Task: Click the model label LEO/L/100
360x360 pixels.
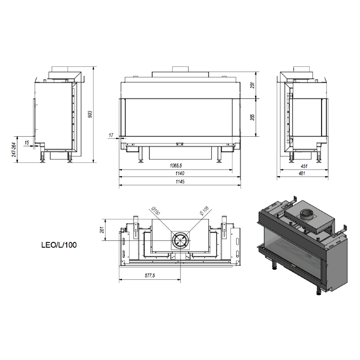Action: pyautogui.click(x=59, y=245)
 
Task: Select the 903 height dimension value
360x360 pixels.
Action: pyautogui.click(x=90, y=114)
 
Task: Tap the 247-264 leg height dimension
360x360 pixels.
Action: pyautogui.click(x=14, y=150)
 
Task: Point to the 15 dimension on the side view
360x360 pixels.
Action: pyautogui.click(x=26, y=143)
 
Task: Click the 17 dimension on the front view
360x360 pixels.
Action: pyautogui.click(x=111, y=135)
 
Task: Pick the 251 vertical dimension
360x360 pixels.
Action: pyautogui.click(x=252, y=85)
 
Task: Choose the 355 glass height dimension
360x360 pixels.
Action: pyautogui.click(x=252, y=117)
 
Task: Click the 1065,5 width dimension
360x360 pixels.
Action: pyautogui.click(x=176, y=166)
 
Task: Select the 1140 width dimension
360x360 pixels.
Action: pyautogui.click(x=180, y=173)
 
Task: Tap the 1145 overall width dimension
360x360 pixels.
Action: pyautogui.click(x=180, y=181)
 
